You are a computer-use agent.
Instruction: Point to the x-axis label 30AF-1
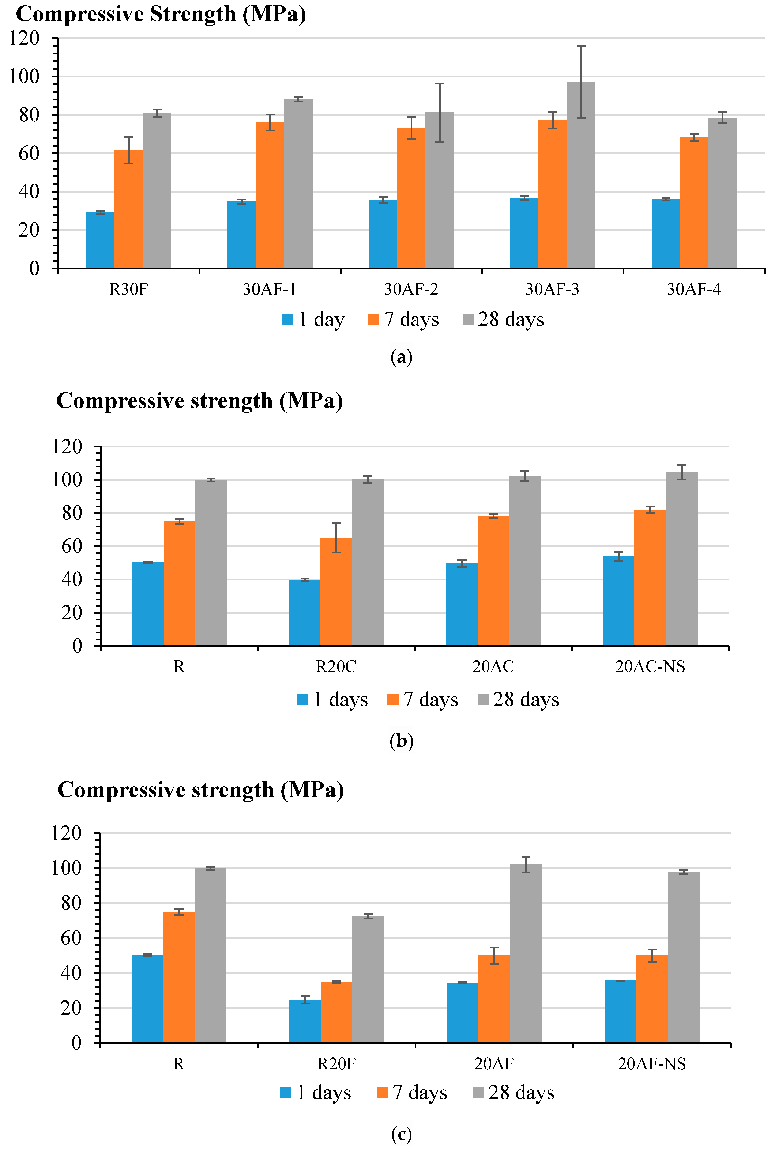tap(269, 289)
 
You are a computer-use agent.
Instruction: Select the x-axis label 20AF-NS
tap(652, 1063)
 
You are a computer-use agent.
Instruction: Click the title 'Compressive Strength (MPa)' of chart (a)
tap(161, 14)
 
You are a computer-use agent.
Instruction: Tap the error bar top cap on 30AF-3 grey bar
tap(581, 46)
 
